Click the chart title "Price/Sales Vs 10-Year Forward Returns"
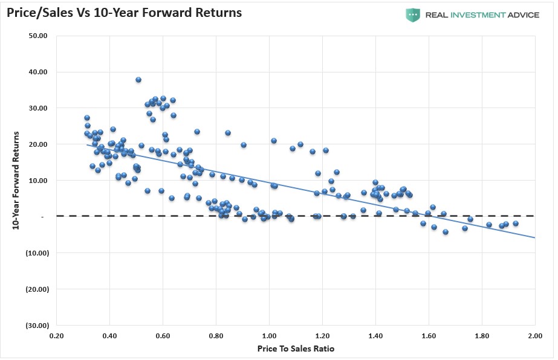coord(125,12)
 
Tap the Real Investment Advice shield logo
coord(413,15)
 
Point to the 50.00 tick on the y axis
coord(39,36)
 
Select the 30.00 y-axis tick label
coord(39,108)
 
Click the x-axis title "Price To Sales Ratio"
coord(296,349)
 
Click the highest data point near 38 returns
coord(138,80)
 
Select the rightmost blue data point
coord(516,223)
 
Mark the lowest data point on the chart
coord(446,232)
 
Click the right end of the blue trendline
coord(534,237)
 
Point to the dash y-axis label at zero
coord(44,216)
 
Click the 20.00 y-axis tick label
coord(39,144)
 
